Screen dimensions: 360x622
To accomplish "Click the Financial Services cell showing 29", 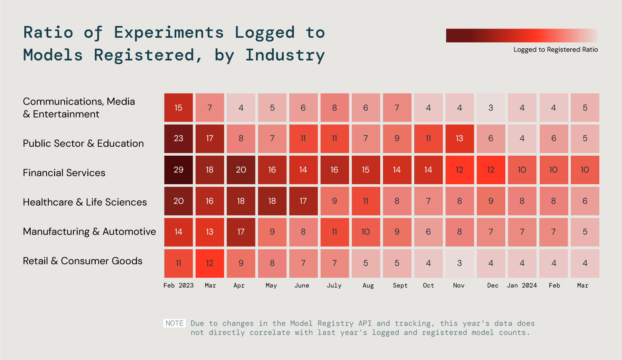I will click(178, 170).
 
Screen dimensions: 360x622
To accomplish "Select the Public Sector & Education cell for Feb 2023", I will click(178, 138).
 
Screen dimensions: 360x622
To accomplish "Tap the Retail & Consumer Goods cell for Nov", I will click(460, 263).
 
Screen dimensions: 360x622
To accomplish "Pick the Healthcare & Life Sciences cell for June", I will click(303, 201).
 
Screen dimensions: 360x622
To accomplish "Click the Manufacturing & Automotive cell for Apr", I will click(241, 232).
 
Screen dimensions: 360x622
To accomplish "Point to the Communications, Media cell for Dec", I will click(491, 108).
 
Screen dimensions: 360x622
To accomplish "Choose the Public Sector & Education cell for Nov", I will click(460, 138).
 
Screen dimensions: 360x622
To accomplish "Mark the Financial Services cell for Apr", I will click(241, 170).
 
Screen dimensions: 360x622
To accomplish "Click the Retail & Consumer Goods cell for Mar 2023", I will click(209, 263).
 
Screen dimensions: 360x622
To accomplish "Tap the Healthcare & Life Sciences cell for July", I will click(335, 201).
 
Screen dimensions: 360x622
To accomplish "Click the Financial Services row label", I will click(64, 173).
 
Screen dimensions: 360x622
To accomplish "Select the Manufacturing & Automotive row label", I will click(89, 232).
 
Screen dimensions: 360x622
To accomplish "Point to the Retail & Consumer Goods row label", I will click(83, 261).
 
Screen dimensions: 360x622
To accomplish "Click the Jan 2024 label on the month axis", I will click(522, 285).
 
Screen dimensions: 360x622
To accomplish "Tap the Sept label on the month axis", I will click(400, 285).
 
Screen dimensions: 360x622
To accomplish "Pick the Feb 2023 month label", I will click(178, 285).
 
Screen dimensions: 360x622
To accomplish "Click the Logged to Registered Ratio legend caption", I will click(555, 50).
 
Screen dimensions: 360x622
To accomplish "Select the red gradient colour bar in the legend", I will click(522, 35).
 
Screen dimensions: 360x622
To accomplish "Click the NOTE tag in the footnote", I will click(174, 323).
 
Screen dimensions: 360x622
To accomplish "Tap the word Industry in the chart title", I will click(285, 55).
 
